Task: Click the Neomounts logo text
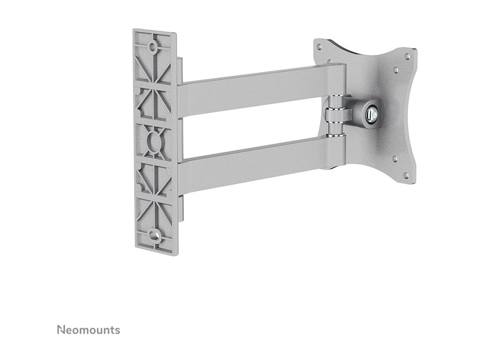click(89, 330)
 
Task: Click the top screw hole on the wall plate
click(152, 47)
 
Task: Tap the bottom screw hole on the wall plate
click(152, 235)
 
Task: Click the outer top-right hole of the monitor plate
click(407, 56)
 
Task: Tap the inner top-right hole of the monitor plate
click(396, 70)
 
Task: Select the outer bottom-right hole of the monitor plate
click(406, 175)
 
